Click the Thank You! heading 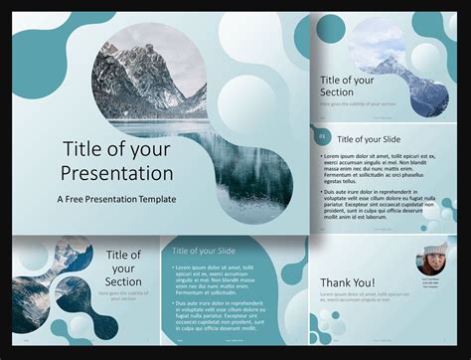[x=348, y=283]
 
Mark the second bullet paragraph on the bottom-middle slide [x=213, y=313]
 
